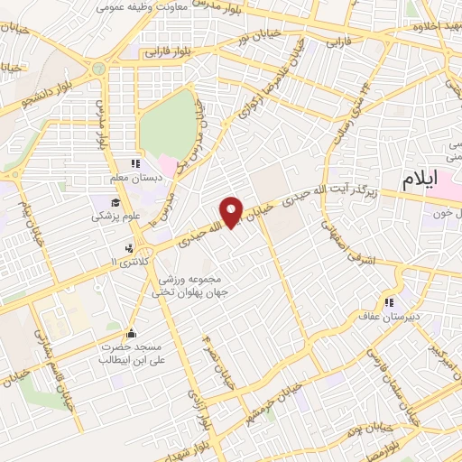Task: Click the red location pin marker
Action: click(233, 211)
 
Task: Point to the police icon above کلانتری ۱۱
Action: click(131, 246)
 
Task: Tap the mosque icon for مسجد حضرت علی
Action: click(132, 332)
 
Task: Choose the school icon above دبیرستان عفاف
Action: click(391, 303)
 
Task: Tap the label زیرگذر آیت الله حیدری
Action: click(346, 190)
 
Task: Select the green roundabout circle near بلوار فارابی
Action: click(97, 68)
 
